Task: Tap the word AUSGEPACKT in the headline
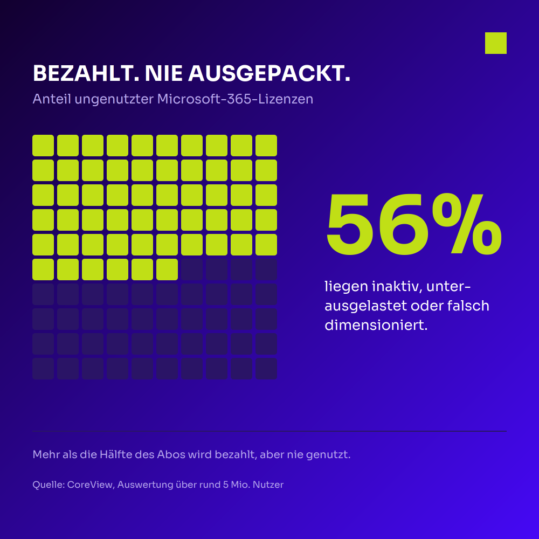tap(269, 73)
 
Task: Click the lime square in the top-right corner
tap(496, 43)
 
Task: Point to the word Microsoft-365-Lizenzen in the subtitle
tap(235, 99)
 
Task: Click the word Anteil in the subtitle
tap(52, 99)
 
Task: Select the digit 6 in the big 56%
tap(402, 224)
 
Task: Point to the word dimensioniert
tap(376, 325)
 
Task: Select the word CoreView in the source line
tap(91, 485)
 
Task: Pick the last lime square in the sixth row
tap(167, 269)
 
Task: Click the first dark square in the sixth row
tap(192, 269)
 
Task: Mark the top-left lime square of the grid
tap(43, 146)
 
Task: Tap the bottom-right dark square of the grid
tap(266, 369)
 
